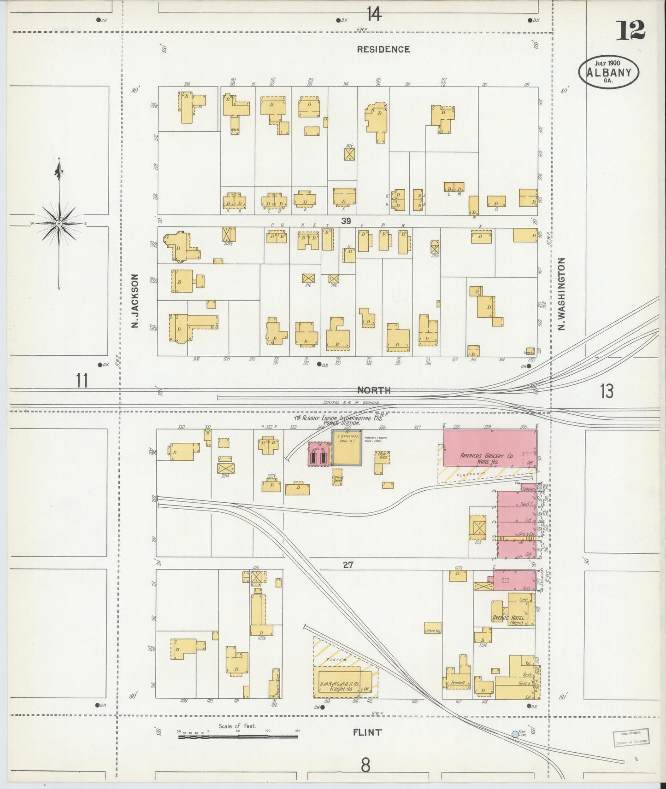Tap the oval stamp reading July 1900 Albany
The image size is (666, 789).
(609, 71)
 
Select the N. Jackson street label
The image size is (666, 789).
(135, 301)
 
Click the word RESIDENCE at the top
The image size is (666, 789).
(383, 49)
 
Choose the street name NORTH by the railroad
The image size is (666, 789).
(374, 390)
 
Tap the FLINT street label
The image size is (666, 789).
(367, 732)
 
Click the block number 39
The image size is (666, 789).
(346, 221)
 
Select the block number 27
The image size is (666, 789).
(348, 564)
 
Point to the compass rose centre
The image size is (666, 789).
(59, 224)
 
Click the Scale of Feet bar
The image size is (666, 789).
(238, 737)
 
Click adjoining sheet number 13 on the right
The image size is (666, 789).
(607, 391)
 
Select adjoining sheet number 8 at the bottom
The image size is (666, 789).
(365, 765)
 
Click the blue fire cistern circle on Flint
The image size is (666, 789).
(515, 734)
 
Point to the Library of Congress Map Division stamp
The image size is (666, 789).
(630, 737)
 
